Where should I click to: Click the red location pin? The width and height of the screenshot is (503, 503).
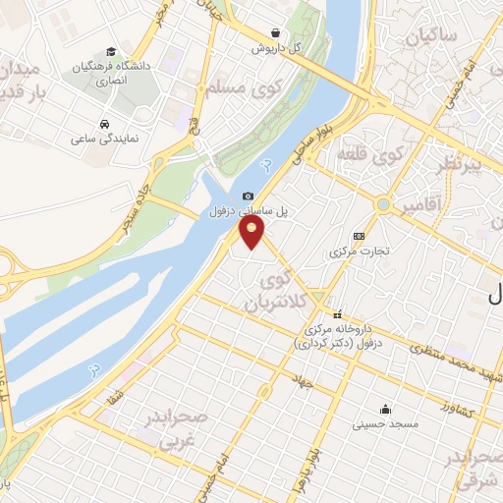coord(252,233)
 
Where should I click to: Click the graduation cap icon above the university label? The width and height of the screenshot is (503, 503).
coord(111,50)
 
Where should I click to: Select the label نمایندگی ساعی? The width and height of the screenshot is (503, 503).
coord(104,139)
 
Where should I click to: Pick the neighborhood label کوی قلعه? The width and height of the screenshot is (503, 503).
coord(371,154)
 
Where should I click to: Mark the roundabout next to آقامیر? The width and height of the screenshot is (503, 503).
coord(383,206)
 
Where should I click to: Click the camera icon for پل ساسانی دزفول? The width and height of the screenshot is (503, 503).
coord(248,196)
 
